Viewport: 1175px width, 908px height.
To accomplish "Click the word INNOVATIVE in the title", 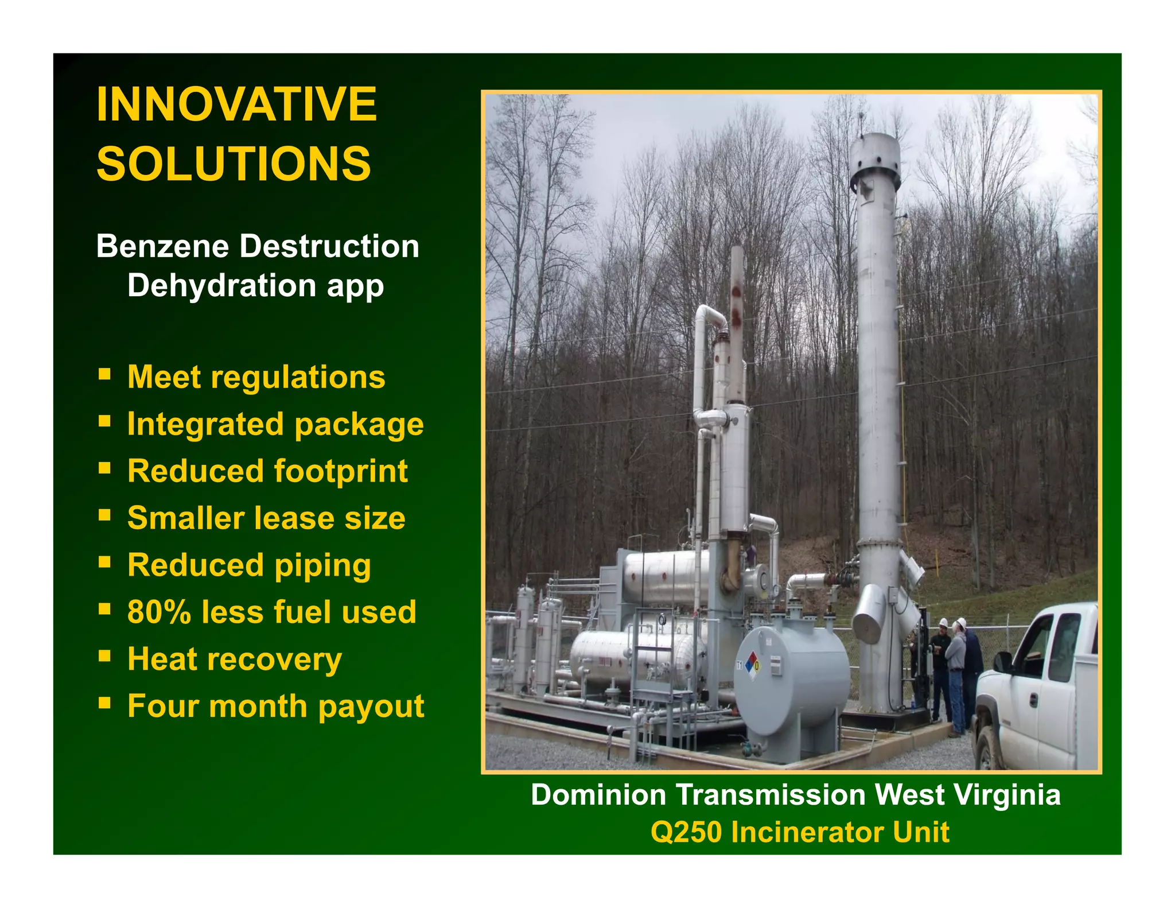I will point(236,104).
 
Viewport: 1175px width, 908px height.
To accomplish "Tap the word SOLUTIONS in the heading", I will point(234,164).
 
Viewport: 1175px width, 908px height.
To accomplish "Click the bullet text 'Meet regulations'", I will point(256,377).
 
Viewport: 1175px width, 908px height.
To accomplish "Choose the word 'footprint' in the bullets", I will point(341,471).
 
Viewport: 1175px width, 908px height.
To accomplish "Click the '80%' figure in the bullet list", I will point(159,612).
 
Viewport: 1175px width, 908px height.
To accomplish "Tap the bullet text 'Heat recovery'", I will point(234,659).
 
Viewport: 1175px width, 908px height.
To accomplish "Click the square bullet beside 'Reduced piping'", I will point(104,562).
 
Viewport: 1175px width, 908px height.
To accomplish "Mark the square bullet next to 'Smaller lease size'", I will point(104,515).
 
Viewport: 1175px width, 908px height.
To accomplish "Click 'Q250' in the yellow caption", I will point(686,832).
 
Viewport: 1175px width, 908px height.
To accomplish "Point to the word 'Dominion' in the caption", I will point(597,795).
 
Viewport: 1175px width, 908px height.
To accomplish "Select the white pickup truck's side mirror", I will point(1002,661).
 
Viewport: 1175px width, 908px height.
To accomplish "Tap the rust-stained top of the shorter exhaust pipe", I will point(737,298).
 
